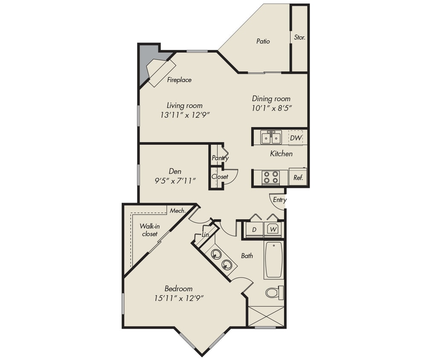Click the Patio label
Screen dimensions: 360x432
[263, 41]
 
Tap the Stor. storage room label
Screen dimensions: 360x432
[299, 38]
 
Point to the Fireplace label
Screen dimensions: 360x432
[179, 80]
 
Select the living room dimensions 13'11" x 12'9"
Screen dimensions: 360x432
[185, 115]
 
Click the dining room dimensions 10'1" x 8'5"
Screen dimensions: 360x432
[271, 108]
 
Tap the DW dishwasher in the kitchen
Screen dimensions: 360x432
[296, 138]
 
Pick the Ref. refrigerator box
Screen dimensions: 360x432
[298, 177]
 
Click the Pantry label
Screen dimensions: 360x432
[220, 158]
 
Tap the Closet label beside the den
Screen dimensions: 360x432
[220, 177]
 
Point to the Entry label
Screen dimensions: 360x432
[280, 200]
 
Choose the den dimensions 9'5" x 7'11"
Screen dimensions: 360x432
[175, 181]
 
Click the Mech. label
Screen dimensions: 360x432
[177, 211]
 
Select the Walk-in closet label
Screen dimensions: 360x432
[149, 230]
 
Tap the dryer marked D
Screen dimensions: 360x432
[254, 230]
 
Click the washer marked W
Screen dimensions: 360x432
[273, 230]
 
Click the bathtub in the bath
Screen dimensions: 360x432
[273, 260]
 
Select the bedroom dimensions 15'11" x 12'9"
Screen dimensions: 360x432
[179, 298]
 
